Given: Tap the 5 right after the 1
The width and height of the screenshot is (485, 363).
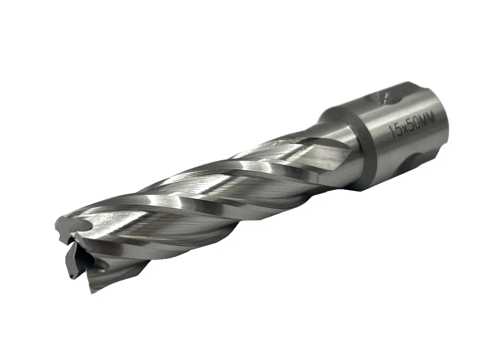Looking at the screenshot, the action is click(x=396, y=131).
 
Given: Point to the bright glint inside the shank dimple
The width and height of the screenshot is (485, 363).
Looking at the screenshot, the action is click(x=385, y=97).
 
